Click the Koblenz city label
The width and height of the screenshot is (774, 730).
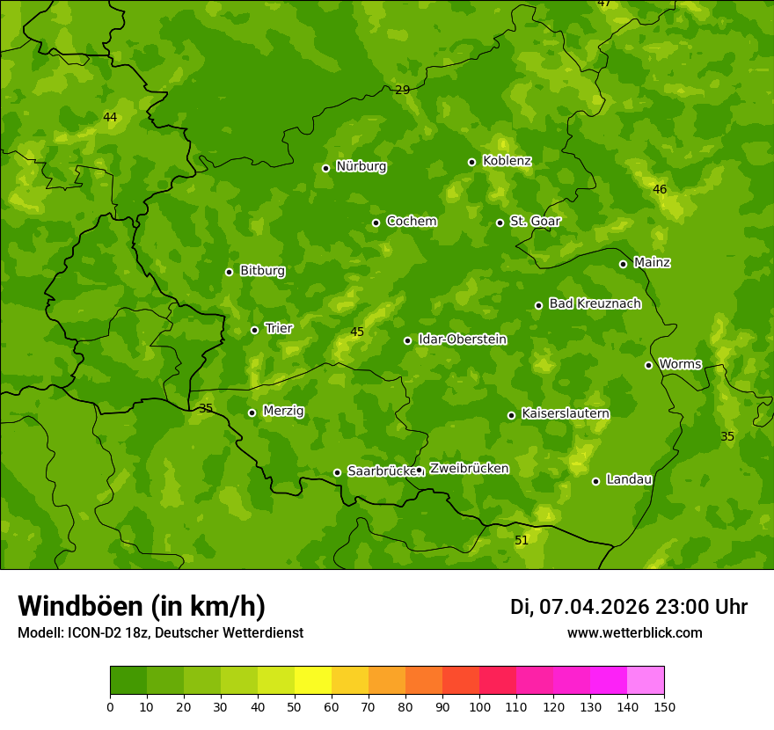pyautogui.click(x=507, y=161)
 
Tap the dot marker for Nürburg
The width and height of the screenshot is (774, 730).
pyautogui.click(x=325, y=168)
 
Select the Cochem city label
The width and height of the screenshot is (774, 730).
pyautogui.click(x=411, y=222)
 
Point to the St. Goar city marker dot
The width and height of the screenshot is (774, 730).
pyautogui.click(x=500, y=223)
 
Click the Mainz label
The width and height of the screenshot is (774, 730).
pyautogui.click(x=652, y=263)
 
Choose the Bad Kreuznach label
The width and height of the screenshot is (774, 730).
pyautogui.click(x=595, y=304)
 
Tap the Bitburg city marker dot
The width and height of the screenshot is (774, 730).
pyautogui.click(x=229, y=272)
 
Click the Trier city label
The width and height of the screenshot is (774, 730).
pyautogui.click(x=279, y=329)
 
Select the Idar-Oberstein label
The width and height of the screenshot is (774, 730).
pyautogui.click(x=462, y=339)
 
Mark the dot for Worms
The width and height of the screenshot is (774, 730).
pyautogui.click(x=648, y=365)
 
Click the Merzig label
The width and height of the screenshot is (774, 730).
pyautogui.click(x=283, y=412)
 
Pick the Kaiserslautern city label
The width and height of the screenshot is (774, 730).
pyautogui.click(x=566, y=413)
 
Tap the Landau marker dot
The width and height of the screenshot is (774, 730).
pyautogui.click(x=595, y=481)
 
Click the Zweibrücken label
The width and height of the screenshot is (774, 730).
pyautogui.click(x=469, y=469)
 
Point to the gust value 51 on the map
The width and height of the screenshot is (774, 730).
pyautogui.click(x=522, y=540)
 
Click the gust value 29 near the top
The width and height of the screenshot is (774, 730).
pyautogui.click(x=402, y=90)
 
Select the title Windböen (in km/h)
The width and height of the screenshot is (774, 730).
pyautogui.click(x=142, y=606)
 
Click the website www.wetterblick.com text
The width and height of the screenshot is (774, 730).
pyautogui.click(x=634, y=632)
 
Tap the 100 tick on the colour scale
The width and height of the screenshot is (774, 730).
pyautogui.click(x=479, y=705)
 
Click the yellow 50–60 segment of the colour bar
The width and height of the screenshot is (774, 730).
pyautogui.click(x=313, y=681)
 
